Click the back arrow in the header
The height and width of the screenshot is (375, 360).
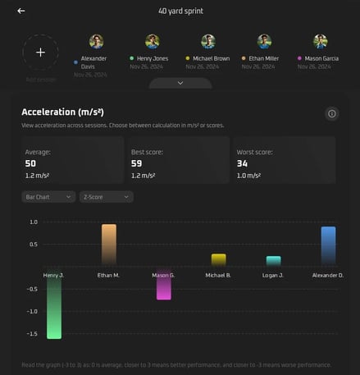[x=21, y=11]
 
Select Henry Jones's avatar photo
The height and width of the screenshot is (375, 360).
[x=152, y=41]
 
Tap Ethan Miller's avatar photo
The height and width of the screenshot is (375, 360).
[x=264, y=41]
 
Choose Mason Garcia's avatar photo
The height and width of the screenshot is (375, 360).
[x=320, y=41]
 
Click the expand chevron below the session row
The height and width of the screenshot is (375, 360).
[x=180, y=83]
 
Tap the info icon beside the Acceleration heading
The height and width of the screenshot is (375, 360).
[x=332, y=113]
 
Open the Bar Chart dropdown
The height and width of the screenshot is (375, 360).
[x=48, y=197]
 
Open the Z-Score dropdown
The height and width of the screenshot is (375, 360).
[x=106, y=197]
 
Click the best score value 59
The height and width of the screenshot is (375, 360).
[x=137, y=163]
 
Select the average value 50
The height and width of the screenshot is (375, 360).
[x=31, y=163]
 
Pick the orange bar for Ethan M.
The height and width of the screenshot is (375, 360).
[x=108, y=245]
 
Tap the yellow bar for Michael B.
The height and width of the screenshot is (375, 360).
[x=218, y=260]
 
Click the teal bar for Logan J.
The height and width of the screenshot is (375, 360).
[x=273, y=261]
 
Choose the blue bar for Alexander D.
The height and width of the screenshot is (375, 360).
[x=328, y=246]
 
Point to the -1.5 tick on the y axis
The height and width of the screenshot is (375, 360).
[x=32, y=334]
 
